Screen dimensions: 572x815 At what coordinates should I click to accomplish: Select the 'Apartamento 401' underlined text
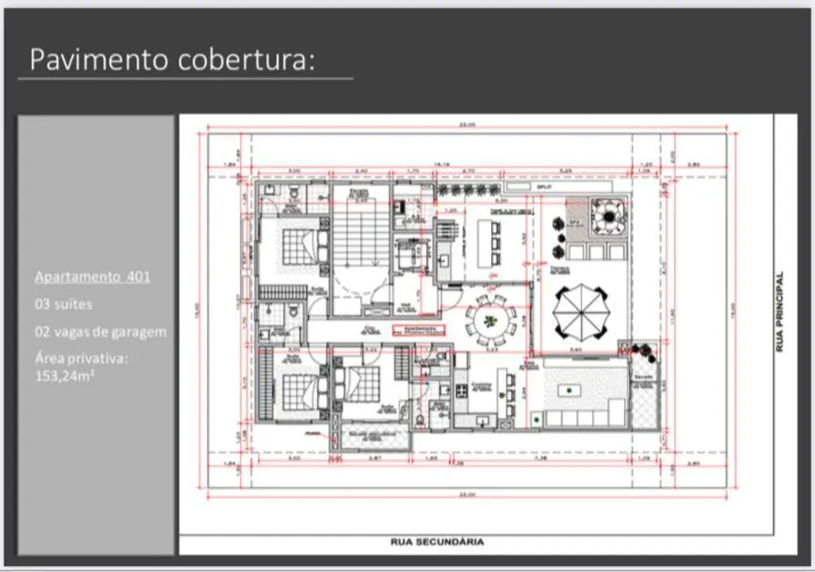pyautogui.click(x=92, y=276)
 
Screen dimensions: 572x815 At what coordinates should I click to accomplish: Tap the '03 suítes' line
pyautogui.click(x=63, y=304)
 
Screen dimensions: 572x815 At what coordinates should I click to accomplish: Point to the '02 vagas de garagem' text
pyautogui.click(x=100, y=332)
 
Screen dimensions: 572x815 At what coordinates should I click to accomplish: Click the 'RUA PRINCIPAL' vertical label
pyautogui.click(x=779, y=312)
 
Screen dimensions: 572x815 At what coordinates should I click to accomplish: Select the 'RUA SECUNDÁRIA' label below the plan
pyautogui.click(x=437, y=542)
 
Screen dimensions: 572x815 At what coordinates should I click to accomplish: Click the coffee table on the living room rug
pyautogui.click(x=573, y=388)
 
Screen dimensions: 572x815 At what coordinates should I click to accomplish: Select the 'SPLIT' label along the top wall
pyautogui.click(x=544, y=187)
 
